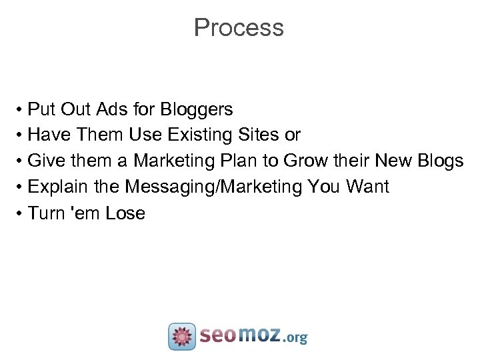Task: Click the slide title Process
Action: [239, 28]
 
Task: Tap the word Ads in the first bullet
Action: [115, 109]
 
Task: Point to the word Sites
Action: [259, 135]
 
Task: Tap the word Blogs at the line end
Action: [439, 161]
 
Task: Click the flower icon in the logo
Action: [181, 337]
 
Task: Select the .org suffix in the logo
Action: [295, 338]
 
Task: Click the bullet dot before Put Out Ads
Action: [21, 109]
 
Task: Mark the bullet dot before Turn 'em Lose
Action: [21, 213]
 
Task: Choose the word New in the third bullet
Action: [394, 161]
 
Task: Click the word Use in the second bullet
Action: [145, 135]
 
